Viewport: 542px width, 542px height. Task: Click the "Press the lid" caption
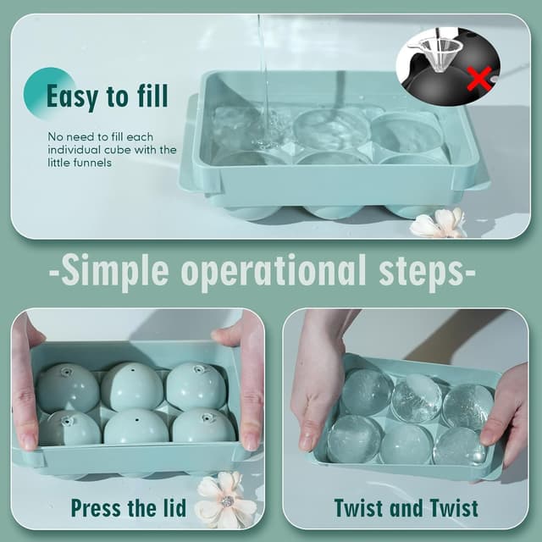click(128, 508)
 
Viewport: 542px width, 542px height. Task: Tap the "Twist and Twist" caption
click(406, 508)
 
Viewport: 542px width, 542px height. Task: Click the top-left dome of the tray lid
click(68, 387)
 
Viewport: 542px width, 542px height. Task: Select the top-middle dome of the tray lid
click(131, 385)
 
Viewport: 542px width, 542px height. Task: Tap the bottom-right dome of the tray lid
click(203, 426)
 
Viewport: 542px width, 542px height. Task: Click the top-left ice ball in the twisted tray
click(366, 392)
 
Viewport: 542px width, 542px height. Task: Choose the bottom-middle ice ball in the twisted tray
click(406, 444)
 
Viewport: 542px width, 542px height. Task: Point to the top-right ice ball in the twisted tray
click(467, 405)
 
